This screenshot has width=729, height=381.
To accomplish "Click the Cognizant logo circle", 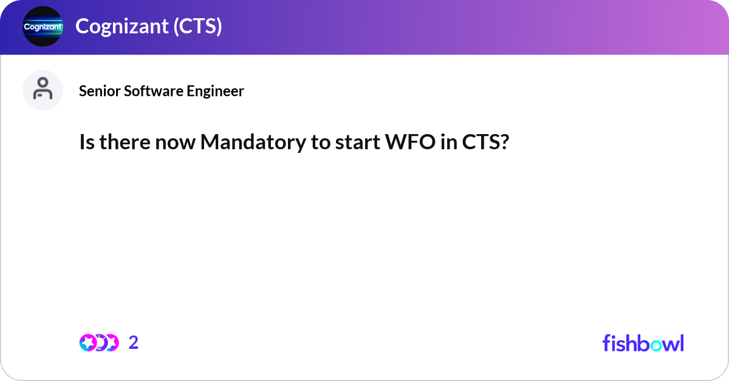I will click(43, 26).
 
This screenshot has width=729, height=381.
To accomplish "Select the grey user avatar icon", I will click(43, 90).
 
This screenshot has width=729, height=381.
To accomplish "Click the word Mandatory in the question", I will click(250, 143).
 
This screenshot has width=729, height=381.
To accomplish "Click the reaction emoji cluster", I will click(99, 343).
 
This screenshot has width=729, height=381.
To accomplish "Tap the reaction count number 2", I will click(134, 343).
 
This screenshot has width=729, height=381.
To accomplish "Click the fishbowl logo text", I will click(643, 343).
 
